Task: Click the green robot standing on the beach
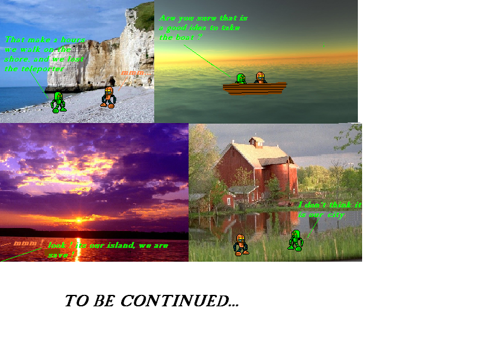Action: [x=58, y=102]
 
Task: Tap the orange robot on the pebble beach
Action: [x=108, y=97]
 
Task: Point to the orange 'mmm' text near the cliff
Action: [x=133, y=72]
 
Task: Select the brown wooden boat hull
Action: [x=254, y=88]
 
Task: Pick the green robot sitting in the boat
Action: [x=240, y=78]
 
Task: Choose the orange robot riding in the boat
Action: [x=260, y=77]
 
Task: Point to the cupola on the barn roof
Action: [x=257, y=142]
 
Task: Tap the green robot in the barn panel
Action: [x=295, y=240]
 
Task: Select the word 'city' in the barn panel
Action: [x=334, y=214]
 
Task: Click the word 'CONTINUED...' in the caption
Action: [x=180, y=301]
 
